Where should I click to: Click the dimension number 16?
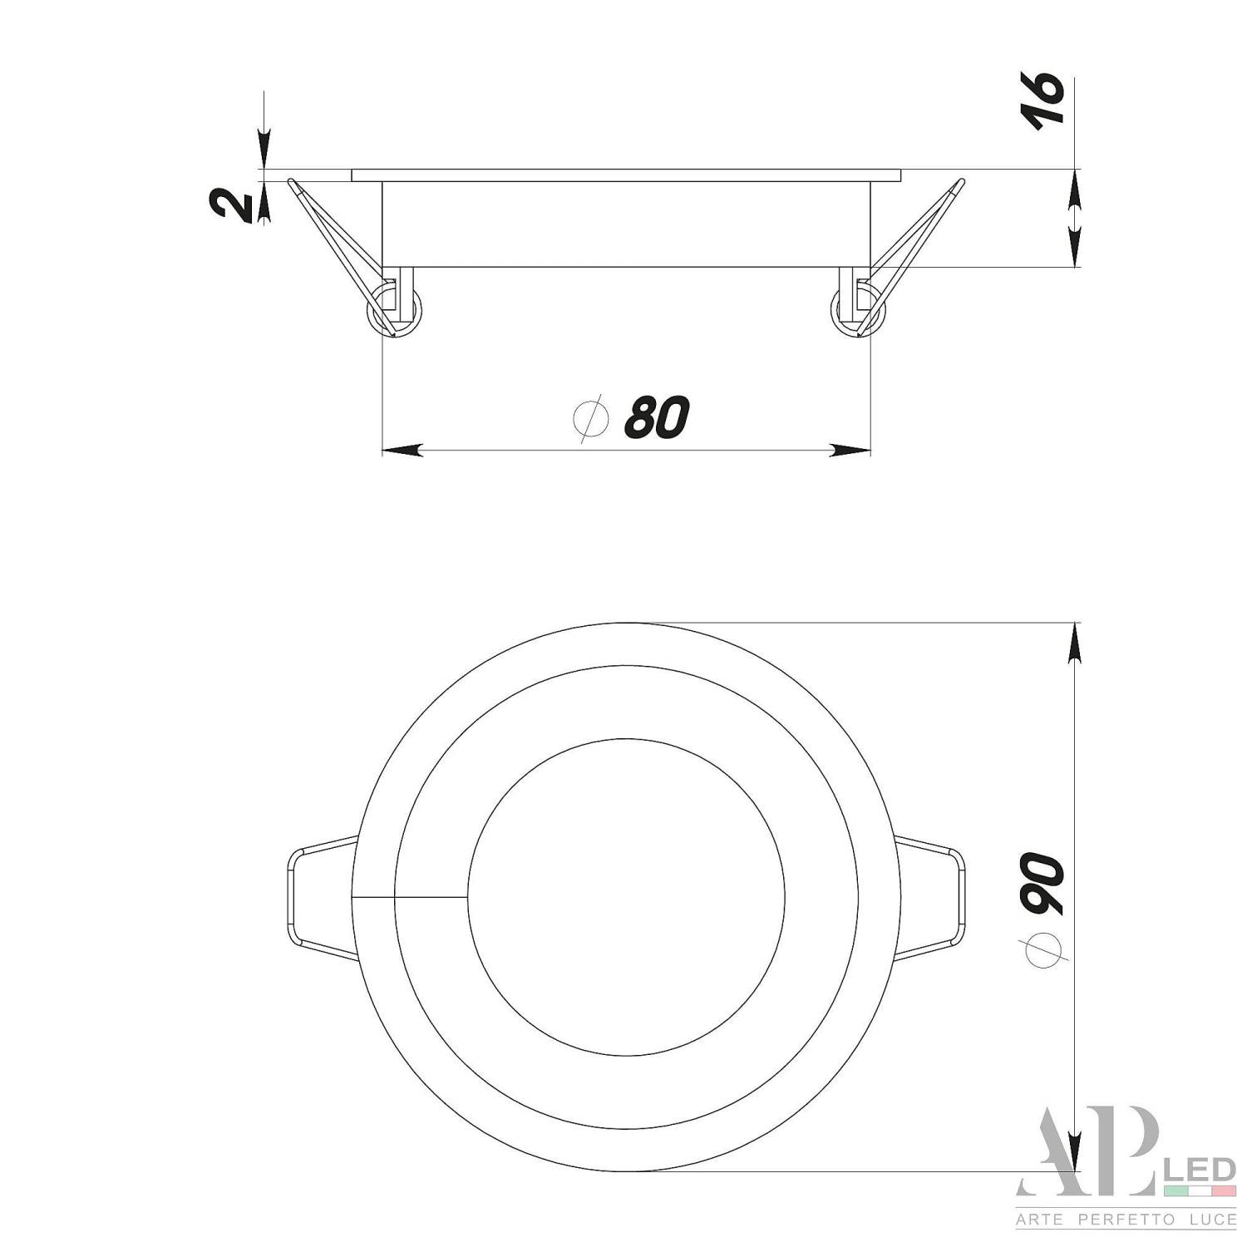point(1045,99)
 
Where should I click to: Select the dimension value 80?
point(657,417)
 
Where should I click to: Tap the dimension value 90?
point(1044,885)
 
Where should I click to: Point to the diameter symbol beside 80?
point(591,419)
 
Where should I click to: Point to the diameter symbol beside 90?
point(1045,947)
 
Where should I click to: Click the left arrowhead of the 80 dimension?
point(401,451)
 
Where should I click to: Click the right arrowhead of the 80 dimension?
point(852,451)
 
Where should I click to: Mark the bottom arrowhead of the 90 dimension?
point(1077,1152)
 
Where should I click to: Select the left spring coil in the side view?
point(394,311)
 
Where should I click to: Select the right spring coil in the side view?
point(858,311)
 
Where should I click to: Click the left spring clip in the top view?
point(320,898)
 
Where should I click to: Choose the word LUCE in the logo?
point(1208,1220)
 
